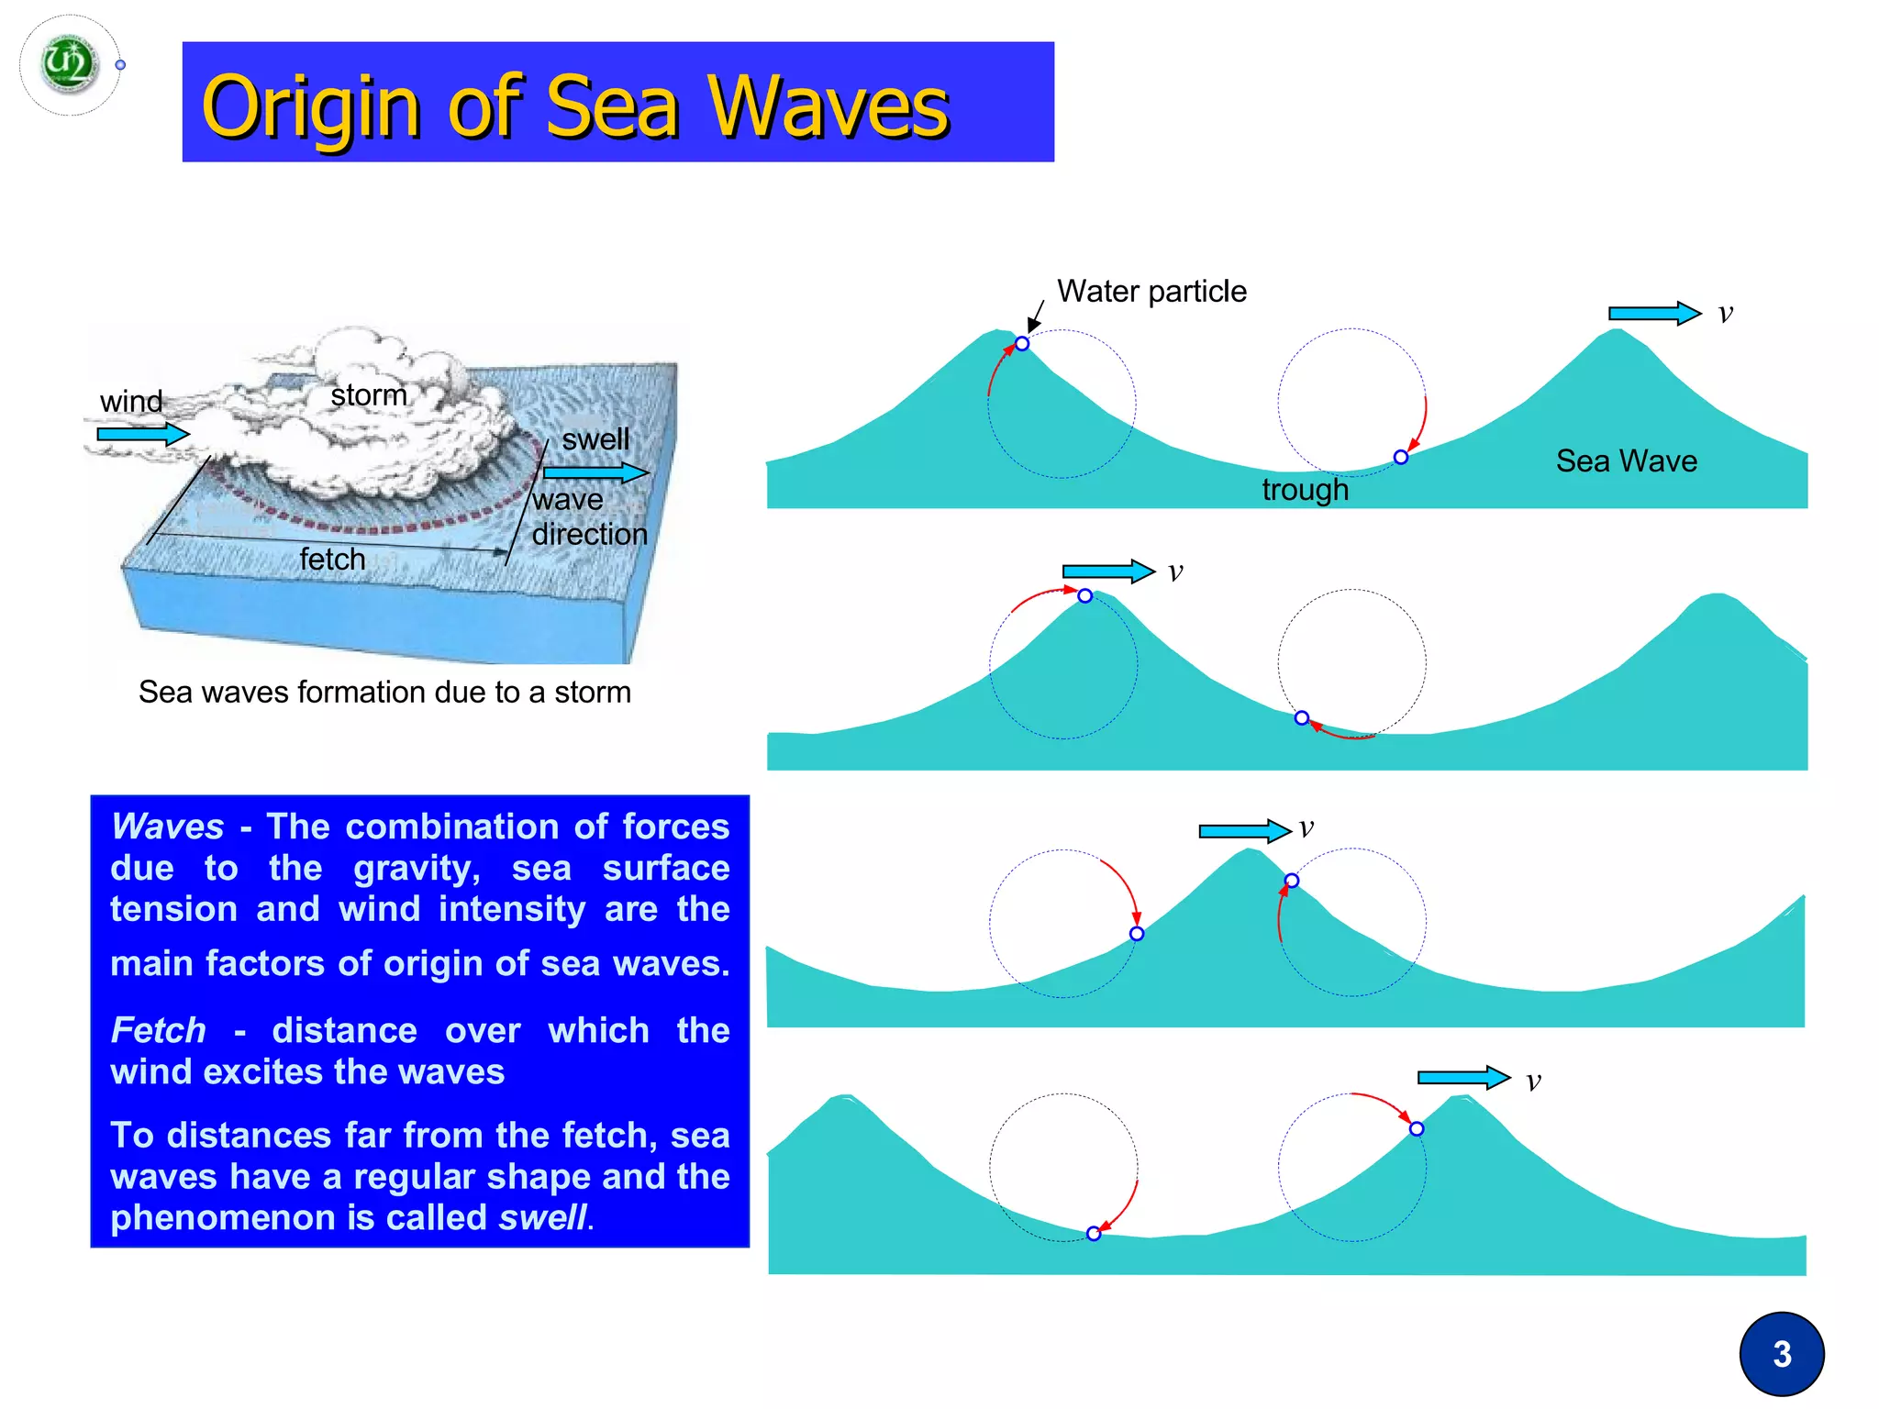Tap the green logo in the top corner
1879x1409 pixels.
pyautogui.click(x=69, y=63)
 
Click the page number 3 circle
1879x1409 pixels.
pyautogui.click(x=1781, y=1354)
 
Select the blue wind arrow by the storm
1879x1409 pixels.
pyautogui.click(x=142, y=434)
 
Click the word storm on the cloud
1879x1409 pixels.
pyautogui.click(x=368, y=395)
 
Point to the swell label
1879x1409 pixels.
pyautogui.click(x=595, y=439)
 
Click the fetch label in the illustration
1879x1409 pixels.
pyautogui.click(x=332, y=559)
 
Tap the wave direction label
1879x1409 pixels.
pyautogui.click(x=588, y=516)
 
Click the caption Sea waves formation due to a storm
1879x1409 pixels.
pyautogui.click(x=384, y=692)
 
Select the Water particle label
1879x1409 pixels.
pyautogui.click(x=1151, y=292)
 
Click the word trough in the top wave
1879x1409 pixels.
pyautogui.click(x=1305, y=490)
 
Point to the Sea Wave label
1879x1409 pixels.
pyautogui.click(x=1626, y=460)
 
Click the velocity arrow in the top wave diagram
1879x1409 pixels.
pyautogui.click(x=1653, y=314)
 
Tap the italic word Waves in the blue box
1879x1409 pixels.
pyautogui.click(x=168, y=827)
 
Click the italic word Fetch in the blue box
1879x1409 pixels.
pyautogui.click(x=158, y=1030)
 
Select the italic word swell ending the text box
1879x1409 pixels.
pyautogui.click(x=542, y=1218)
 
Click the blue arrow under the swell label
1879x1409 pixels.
pyautogui.click(x=595, y=473)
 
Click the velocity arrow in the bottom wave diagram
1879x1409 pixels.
pyautogui.click(x=1462, y=1078)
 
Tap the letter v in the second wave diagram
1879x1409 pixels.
pyautogui.click(x=1175, y=572)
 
